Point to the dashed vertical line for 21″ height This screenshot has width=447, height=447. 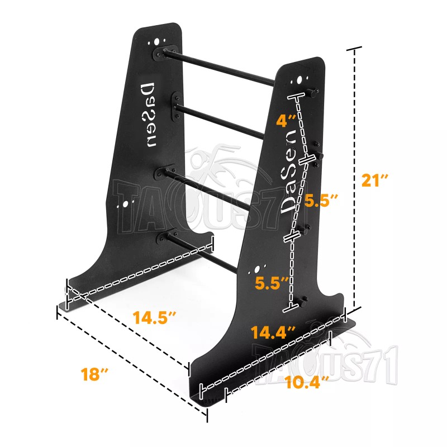pos(353,179)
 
